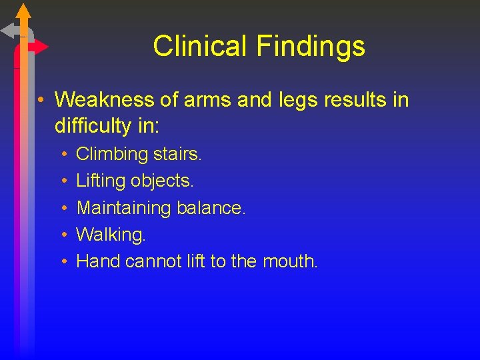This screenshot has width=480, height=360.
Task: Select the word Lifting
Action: [101, 181]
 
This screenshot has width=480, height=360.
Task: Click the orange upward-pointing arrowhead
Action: [23, 11]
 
